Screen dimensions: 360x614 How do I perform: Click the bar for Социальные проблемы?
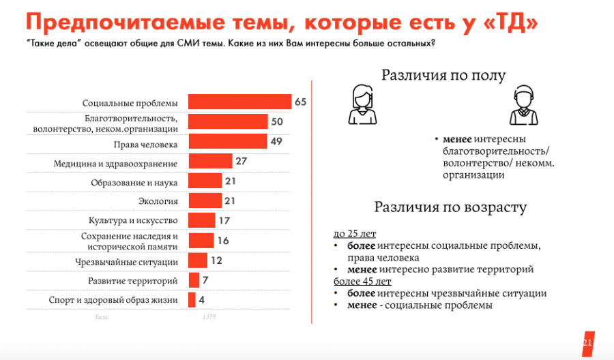pyautogui.click(x=239, y=102)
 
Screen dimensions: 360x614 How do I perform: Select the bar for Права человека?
pyautogui.click(x=227, y=142)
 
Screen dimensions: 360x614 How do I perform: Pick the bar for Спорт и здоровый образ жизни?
pyautogui.click(x=192, y=300)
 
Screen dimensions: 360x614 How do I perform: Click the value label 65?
pyautogui.click(x=301, y=102)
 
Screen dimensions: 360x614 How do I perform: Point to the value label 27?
pyautogui.click(x=240, y=162)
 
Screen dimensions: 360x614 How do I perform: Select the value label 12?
pyautogui.click(x=217, y=260)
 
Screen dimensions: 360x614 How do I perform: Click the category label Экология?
pyautogui.click(x=162, y=201)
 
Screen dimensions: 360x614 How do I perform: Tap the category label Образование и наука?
pyautogui.click(x=134, y=182)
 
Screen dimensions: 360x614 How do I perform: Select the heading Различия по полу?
pyautogui.click(x=443, y=75)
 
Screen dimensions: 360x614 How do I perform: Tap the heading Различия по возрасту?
pyautogui.click(x=450, y=207)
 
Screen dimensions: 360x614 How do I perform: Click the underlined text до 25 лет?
pyautogui.click(x=355, y=234)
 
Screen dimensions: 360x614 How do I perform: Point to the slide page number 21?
pyautogui.click(x=587, y=342)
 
